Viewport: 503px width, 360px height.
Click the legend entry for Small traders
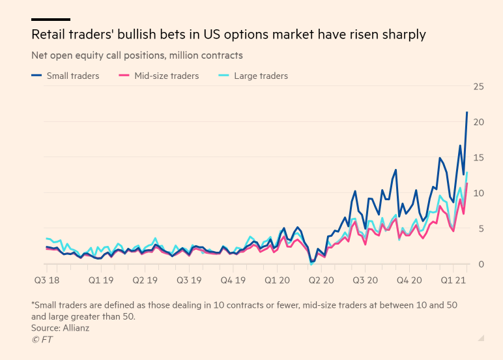72,76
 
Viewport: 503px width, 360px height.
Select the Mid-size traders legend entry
166,76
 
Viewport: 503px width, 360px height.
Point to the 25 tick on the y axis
478,87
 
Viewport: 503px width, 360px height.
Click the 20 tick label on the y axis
478,122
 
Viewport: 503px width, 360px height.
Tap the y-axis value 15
478,158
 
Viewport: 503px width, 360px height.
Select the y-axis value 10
478,193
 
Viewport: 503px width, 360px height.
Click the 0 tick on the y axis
481,264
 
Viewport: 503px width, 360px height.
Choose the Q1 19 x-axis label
102,279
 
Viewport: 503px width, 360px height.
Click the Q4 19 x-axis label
233,279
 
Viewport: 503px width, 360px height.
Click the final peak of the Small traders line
467,112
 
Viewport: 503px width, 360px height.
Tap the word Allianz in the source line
76,327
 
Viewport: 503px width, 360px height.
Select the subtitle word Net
40,55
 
